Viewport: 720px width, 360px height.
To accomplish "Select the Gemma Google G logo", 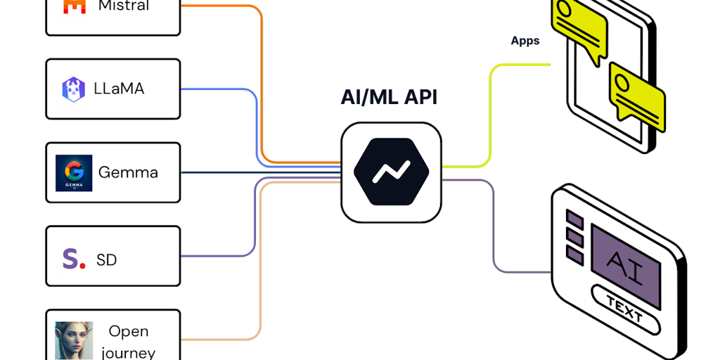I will point(74,172).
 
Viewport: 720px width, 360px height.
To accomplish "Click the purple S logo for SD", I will point(71,259).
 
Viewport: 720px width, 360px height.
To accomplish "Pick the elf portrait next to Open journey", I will point(74,341).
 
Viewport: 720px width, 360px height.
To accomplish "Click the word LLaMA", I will point(120,89).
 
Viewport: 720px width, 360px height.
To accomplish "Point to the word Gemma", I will point(128,172).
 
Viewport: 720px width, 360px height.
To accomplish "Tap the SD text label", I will point(106,260).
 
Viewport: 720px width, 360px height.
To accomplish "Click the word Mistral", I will point(124,6).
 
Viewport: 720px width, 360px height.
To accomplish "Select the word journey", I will point(128,352).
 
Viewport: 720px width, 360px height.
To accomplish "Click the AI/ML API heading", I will point(389,98).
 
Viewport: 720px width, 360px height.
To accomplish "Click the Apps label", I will point(525,41).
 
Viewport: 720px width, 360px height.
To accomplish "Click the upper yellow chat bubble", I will point(580,25).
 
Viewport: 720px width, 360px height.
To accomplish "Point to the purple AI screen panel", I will point(625,264).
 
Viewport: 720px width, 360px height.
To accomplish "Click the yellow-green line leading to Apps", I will point(492,105).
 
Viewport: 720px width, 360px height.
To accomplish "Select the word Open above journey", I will point(128,330).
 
